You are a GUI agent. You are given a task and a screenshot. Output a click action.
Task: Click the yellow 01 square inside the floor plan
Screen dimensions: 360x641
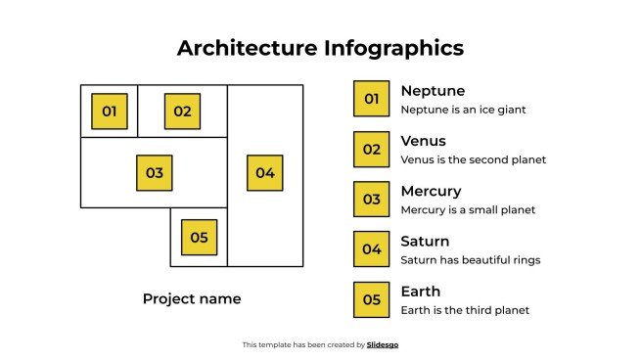109,112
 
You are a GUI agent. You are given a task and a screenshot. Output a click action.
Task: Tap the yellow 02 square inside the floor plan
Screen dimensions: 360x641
182,112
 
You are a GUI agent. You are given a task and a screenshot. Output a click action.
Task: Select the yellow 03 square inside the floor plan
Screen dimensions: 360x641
154,173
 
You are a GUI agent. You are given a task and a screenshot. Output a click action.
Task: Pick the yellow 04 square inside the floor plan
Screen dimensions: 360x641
264,173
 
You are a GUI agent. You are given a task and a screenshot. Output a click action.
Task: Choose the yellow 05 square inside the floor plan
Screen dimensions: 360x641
199,237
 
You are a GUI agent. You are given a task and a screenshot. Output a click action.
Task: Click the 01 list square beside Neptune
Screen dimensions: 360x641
371,99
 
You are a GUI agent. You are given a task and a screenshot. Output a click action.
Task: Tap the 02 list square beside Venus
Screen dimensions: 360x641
371,150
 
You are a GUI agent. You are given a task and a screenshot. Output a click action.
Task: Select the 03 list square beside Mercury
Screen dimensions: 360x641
371,200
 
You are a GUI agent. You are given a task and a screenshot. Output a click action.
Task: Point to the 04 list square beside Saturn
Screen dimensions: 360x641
371,249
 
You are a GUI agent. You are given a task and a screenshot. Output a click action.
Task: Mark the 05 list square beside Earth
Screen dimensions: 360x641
371,299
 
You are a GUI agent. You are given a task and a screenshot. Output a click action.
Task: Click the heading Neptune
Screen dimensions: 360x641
433,91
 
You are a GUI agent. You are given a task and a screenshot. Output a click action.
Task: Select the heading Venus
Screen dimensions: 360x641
423,141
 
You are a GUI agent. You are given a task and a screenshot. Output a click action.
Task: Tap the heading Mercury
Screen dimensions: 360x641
431,191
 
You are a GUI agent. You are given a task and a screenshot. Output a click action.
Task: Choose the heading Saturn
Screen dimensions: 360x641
425,241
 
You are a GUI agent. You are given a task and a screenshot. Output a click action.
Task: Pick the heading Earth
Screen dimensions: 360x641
421,292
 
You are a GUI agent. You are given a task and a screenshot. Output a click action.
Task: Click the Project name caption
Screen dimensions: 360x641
192,298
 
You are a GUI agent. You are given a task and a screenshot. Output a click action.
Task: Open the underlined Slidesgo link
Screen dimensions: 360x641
383,344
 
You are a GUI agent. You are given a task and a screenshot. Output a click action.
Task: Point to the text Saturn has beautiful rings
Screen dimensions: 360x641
471,260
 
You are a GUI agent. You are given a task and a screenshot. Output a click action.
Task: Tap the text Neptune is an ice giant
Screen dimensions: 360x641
464,110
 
